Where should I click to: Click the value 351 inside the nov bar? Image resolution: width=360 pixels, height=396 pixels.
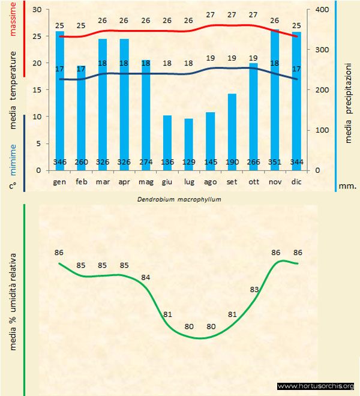click(275, 162)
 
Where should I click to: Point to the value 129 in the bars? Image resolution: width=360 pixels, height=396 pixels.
click(188, 162)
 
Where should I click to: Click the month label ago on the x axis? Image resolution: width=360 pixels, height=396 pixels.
click(210, 181)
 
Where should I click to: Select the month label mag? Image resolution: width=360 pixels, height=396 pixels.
click(146, 181)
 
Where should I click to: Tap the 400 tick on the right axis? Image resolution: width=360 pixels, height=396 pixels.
click(322, 10)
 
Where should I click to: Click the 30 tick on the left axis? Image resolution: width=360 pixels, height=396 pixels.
click(37, 10)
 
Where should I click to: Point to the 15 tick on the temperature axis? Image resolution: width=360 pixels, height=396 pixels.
click(37, 90)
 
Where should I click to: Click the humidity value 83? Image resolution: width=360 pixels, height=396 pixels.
click(254, 290)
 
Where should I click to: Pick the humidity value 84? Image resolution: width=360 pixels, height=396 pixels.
click(146, 277)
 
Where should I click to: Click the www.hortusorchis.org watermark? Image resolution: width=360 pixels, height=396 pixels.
click(316, 386)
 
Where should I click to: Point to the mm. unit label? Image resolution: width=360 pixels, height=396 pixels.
click(348, 186)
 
